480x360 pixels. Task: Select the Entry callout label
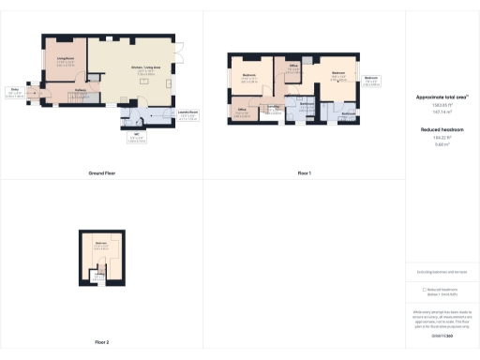point(15,91)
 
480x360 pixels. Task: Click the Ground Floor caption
point(101,174)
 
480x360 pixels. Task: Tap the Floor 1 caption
point(304,174)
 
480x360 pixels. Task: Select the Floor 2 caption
point(101,342)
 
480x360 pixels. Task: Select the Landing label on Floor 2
point(97,273)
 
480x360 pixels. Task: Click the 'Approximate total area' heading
point(442,97)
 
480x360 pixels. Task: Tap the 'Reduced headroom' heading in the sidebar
point(442,130)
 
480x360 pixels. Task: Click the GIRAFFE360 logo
point(442,335)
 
